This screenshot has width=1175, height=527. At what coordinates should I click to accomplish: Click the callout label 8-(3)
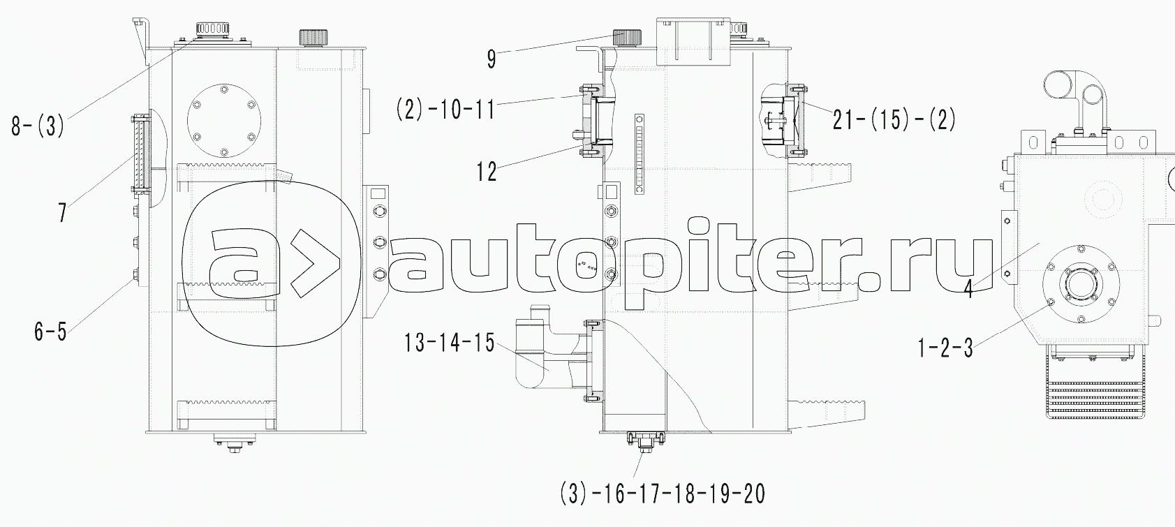(38, 126)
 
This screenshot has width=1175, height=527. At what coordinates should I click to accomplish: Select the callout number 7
(63, 213)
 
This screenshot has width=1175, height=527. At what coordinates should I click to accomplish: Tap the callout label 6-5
(50, 332)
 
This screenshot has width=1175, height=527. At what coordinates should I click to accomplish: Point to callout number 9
(491, 59)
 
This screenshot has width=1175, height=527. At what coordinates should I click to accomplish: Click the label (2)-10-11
(446, 110)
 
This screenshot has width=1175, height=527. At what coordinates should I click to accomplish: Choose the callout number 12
(486, 172)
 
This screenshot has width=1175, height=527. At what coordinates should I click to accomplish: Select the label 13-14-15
(449, 343)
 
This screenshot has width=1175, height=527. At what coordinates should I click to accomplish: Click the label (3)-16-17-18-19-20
(663, 494)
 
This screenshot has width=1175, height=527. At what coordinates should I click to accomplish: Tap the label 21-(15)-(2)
(894, 120)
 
